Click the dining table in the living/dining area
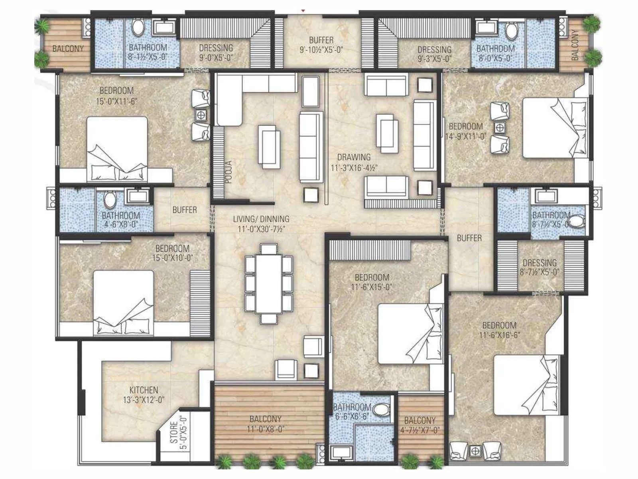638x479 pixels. [x=268, y=284]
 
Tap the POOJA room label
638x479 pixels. [x=228, y=172]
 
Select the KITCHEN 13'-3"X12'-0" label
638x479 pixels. [x=144, y=394]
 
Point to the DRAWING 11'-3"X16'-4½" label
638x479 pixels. [x=354, y=162]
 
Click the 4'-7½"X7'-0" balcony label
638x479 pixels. [x=420, y=425]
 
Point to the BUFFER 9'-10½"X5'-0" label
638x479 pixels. [x=321, y=45]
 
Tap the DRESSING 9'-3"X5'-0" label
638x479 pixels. [x=434, y=54]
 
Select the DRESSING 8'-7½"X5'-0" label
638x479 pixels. [x=540, y=267]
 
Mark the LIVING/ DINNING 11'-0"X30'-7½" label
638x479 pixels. [x=261, y=224]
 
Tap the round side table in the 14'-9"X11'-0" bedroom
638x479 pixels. [x=500, y=128]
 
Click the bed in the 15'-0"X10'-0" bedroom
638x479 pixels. [x=124, y=303]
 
